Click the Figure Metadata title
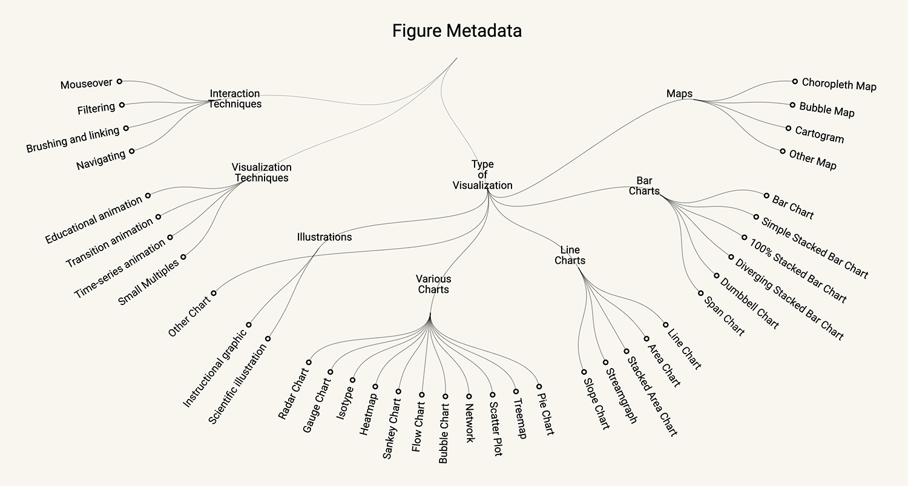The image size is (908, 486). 456,31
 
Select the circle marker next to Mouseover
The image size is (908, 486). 119,81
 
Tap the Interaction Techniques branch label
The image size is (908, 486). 235,99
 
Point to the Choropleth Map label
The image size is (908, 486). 839,85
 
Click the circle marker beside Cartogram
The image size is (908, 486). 788,128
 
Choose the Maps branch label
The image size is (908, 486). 679,94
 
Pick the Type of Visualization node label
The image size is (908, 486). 482,175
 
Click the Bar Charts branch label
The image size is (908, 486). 644,186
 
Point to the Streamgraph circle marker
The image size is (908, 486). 605,362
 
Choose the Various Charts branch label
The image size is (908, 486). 433,284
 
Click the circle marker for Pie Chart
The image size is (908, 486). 538,387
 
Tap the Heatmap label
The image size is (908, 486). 369,414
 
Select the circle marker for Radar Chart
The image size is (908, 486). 308,362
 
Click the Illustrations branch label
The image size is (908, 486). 324,237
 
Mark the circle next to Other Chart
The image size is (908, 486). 213,293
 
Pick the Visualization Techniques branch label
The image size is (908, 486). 262,172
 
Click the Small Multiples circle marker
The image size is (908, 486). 183,257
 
